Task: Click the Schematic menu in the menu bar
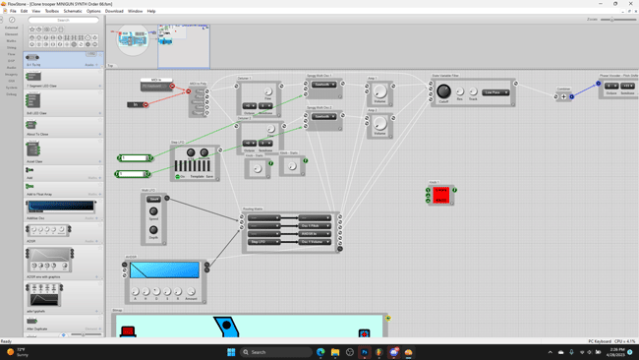pyautogui.click(x=73, y=11)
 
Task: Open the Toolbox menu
pyautogui.click(x=52, y=11)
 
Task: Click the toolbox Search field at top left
pyautogui.click(x=63, y=20)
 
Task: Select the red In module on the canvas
pyautogui.click(x=136, y=104)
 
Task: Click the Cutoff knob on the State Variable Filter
pyautogui.click(x=444, y=91)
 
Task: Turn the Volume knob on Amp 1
pyautogui.click(x=380, y=92)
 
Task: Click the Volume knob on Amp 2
pyautogui.click(x=380, y=124)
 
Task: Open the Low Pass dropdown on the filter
pyautogui.click(x=495, y=92)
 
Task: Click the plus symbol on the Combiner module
pyautogui.click(x=563, y=97)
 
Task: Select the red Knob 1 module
pyautogui.click(x=441, y=196)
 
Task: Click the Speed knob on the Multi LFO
pyautogui.click(x=153, y=211)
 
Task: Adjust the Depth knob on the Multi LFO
pyautogui.click(x=153, y=230)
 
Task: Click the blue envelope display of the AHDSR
pyautogui.click(x=164, y=270)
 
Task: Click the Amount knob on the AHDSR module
pyautogui.click(x=191, y=292)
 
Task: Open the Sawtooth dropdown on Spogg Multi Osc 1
pyautogui.click(x=323, y=85)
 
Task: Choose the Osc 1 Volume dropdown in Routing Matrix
pyautogui.click(x=314, y=241)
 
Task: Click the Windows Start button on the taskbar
pyautogui.click(x=232, y=351)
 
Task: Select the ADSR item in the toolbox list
pyautogui.click(x=49, y=230)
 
